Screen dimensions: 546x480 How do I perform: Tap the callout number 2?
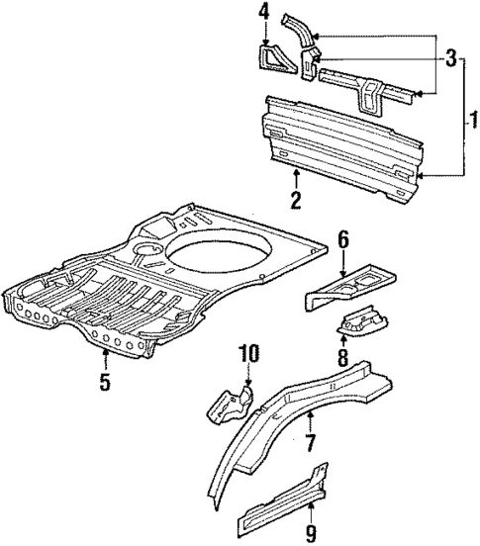coord(296,201)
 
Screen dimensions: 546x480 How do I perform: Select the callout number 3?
coord(451,60)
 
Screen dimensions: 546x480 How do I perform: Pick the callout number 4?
coord(263,12)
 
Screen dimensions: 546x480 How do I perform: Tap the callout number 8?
coord(344,356)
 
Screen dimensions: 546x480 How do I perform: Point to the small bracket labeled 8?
coord(362,321)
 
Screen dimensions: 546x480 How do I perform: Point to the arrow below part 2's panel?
coord(296,180)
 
